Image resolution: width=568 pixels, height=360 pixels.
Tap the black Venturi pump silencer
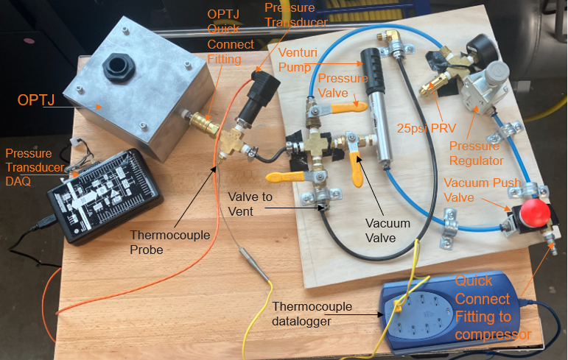372,71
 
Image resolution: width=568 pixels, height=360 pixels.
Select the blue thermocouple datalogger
450,311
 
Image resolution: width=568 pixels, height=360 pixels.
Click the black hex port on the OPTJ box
119,68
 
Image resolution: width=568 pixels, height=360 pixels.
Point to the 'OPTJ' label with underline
36,100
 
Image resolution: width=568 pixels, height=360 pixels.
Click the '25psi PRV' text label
426,128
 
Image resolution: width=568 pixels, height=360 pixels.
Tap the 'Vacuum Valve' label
388,230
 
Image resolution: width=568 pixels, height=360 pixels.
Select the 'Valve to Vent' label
250,204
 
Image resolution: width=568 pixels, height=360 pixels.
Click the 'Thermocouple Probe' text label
170,242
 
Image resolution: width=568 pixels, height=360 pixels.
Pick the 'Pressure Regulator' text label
476,153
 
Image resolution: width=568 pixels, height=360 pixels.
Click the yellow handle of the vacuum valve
357,169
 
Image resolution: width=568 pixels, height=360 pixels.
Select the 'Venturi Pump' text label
298,60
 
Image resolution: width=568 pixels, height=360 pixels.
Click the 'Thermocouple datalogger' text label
312,314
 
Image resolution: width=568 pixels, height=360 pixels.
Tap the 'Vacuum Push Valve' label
482,190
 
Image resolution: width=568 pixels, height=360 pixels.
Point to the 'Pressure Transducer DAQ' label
35,167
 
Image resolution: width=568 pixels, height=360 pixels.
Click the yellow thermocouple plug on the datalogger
397,307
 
